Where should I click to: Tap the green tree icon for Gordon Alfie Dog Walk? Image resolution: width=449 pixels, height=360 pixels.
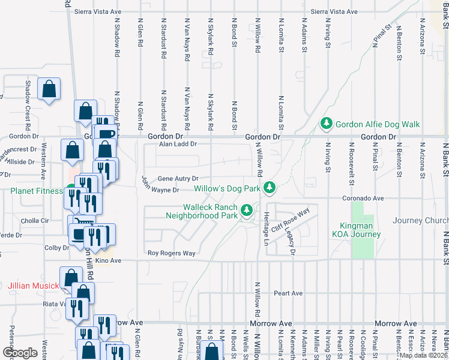click(327, 124)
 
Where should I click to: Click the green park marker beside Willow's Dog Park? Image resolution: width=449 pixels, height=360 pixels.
click(270, 188)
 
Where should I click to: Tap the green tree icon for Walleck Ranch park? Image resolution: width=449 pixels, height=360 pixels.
click(246, 210)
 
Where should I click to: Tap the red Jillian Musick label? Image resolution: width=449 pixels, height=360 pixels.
click(34, 286)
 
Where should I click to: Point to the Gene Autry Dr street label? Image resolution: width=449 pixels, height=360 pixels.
click(178, 179)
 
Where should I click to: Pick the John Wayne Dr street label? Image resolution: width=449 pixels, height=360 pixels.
click(160, 190)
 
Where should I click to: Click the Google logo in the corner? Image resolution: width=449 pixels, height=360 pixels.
click(20, 353)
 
